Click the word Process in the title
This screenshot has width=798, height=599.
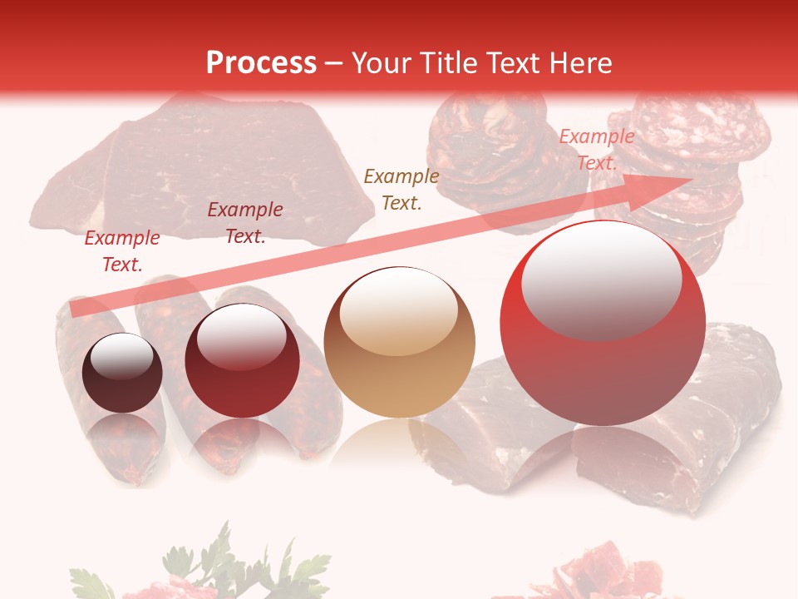pyautogui.click(x=261, y=62)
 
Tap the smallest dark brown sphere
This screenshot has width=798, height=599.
pyautogui.click(x=122, y=373)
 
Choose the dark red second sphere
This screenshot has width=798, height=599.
pyautogui.click(x=242, y=361)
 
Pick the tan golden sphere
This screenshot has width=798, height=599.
pyautogui.click(x=400, y=342)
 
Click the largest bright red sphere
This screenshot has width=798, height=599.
pyautogui.click(x=603, y=323)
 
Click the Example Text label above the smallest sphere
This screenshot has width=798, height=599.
pyautogui.click(x=122, y=251)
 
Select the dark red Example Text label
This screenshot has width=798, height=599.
pyautogui.click(x=245, y=223)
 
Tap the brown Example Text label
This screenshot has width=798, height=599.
pyautogui.click(x=401, y=189)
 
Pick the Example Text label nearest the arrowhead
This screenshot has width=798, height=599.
pyautogui.click(x=596, y=150)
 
